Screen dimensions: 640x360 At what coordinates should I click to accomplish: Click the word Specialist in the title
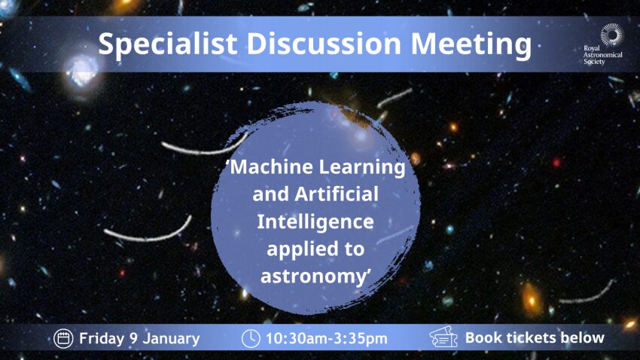(168, 44)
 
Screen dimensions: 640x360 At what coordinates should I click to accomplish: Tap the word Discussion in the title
(324, 43)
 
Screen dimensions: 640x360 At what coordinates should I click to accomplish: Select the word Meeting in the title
(471, 45)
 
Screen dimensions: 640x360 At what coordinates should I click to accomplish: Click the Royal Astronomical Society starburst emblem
(612, 35)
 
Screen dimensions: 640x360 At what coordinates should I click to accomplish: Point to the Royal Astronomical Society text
(603, 55)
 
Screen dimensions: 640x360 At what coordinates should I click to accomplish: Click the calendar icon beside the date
(63, 338)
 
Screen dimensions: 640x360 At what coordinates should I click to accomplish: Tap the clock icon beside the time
(251, 338)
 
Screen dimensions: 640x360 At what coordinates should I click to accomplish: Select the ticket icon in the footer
(443, 337)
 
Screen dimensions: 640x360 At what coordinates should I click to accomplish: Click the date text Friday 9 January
(139, 339)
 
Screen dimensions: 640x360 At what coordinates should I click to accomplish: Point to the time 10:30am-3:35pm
(327, 339)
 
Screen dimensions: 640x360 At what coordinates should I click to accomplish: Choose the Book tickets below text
(535, 337)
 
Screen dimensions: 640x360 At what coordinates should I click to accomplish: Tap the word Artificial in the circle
(337, 194)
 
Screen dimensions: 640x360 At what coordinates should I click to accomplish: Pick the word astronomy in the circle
(313, 276)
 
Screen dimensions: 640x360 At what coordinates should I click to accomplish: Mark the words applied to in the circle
(315, 250)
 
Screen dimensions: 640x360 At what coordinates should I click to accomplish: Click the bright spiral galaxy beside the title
(81, 70)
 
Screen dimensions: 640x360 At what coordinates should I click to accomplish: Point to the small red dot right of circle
(556, 163)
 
